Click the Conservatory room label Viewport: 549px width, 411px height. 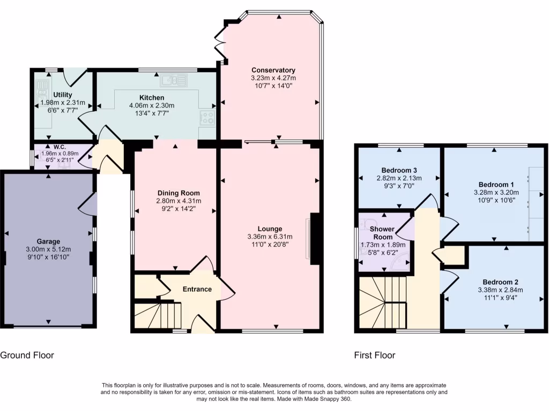(273, 70)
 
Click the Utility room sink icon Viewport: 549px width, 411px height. (42, 86)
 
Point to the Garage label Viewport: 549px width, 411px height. (48, 241)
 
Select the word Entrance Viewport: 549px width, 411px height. (197, 290)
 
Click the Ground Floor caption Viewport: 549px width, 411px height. (27, 355)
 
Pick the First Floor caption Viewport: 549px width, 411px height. (375, 355)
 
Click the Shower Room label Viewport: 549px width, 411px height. (383, 233)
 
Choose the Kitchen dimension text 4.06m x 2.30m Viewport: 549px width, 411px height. (152, 105)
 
